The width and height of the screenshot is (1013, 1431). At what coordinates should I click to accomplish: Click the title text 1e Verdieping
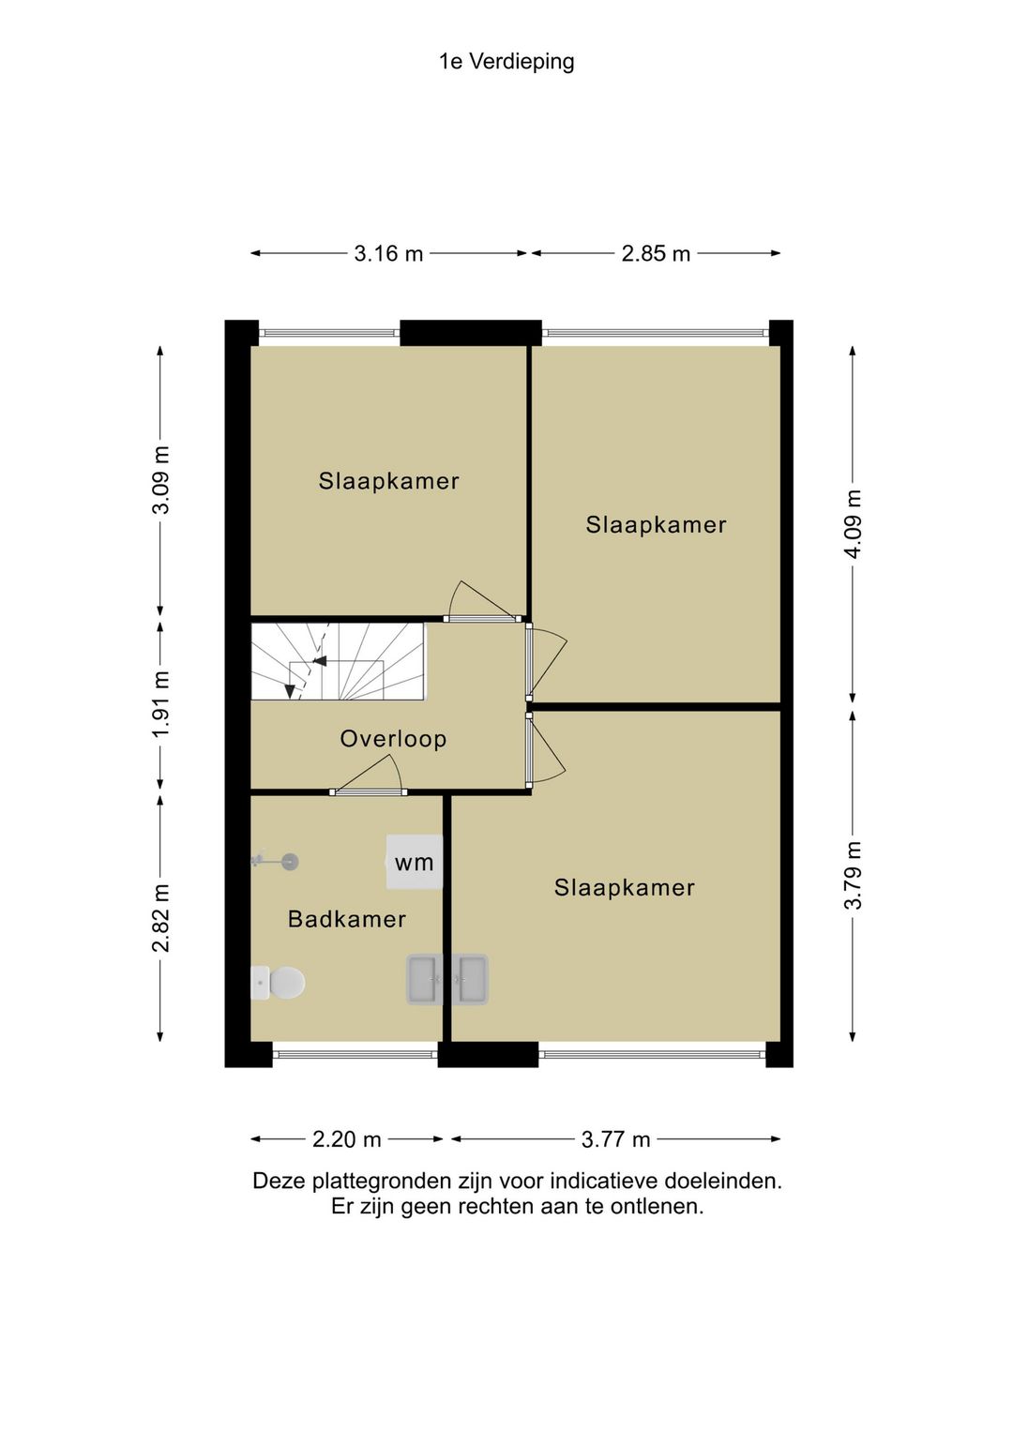point(506,62)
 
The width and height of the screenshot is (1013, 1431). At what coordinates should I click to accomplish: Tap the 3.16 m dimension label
point(388,254)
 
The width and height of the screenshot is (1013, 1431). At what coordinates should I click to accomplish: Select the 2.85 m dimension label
point(656,254)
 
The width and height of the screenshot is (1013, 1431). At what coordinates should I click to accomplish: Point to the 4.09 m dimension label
point(853,524)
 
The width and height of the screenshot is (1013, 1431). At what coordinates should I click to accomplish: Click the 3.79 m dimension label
point(853,875)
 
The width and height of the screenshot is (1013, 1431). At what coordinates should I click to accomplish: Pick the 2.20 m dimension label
point(346,1139)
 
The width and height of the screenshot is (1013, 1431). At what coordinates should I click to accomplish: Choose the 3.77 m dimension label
point(615,1139)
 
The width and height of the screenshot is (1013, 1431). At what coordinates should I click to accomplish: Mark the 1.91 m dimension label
point(161,703)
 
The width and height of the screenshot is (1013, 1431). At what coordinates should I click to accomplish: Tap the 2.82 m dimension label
point(161,918)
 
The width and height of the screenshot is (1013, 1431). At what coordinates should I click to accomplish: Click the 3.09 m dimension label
point(161,480)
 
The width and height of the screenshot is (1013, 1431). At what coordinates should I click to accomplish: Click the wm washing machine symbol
point(415,862)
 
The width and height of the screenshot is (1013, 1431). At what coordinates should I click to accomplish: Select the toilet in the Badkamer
point(278,982)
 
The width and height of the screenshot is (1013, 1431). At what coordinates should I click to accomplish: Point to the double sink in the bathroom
point(447,979)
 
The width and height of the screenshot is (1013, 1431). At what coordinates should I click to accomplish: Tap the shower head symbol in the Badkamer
point(276,861)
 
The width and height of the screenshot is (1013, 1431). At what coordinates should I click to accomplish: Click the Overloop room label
point(393,739)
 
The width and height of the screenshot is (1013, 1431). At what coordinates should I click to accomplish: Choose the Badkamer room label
point(347,919)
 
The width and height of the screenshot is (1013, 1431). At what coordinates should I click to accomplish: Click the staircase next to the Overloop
point(338,662)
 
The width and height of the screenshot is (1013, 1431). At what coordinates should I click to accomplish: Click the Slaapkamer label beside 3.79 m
point(625,887)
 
